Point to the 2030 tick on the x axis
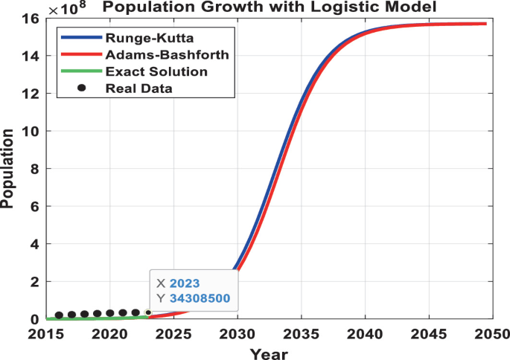[x=237, y=334]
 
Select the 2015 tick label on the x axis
[x=46, y=334]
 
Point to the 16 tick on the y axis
[x=30, y=18]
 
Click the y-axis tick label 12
[x=30, y=94]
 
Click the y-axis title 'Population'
[x=9, y=168]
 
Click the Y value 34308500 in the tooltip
[x=200, y=299]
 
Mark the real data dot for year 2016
[x=59, y=315]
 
